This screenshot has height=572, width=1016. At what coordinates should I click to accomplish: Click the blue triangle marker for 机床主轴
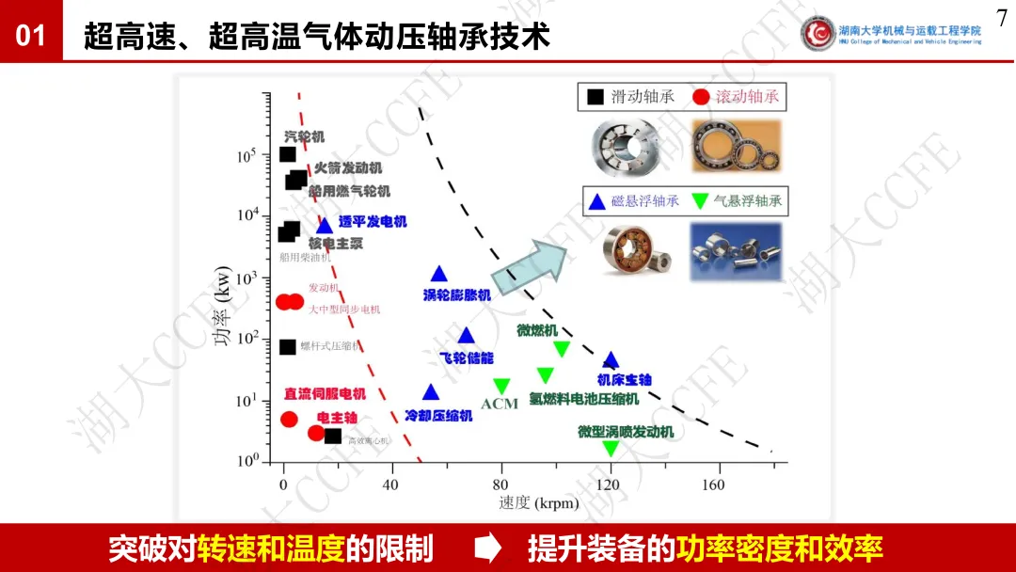611,360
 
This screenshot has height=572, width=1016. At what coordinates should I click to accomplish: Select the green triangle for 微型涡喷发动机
611,448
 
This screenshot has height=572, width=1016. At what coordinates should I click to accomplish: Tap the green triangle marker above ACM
501,386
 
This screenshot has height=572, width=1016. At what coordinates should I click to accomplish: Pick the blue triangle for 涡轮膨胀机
438,274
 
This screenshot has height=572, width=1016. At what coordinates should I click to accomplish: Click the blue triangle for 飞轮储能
466,336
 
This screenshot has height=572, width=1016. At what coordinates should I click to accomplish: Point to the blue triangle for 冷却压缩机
431,392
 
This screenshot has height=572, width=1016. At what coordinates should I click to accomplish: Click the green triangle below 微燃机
562,349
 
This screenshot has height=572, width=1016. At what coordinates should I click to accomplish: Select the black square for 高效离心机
332,436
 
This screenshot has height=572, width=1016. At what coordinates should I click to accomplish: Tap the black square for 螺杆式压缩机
288,346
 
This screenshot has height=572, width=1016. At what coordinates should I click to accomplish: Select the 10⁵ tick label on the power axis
246,156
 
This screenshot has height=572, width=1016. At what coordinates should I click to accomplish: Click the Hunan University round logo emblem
818,33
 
